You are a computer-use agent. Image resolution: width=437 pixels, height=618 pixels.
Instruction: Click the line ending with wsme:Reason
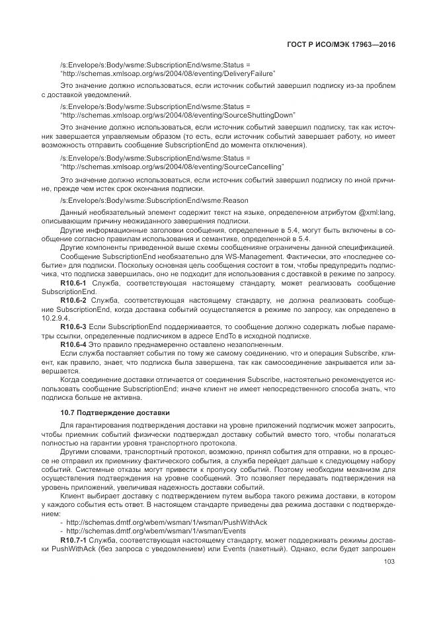[153, 200]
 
